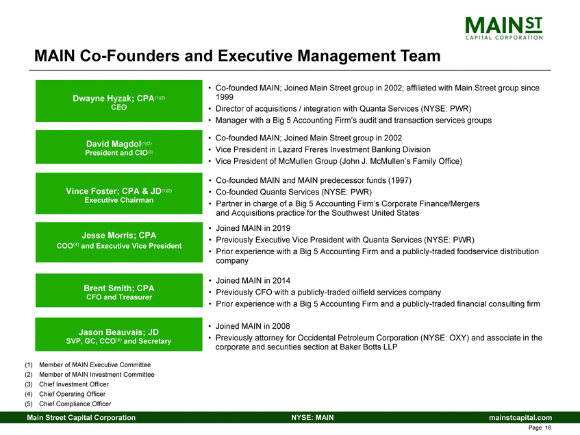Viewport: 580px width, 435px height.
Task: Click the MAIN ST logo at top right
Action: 503,27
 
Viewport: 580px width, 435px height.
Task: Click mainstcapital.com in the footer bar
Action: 519,417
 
